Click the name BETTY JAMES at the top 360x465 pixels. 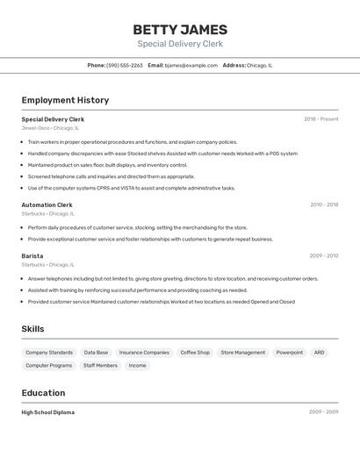(180, 30)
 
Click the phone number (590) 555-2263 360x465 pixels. (125, 65)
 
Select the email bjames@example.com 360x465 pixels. (191, 65)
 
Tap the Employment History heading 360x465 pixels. (65, 100)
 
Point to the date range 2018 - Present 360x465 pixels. (320, 119)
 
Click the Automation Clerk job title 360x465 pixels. (47, 204)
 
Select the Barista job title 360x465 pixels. (32, 256)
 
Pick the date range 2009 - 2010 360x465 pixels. (323, 256)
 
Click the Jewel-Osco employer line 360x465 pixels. (50, 128)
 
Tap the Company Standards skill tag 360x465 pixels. (49, 353)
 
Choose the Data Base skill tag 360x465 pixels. (96, 353)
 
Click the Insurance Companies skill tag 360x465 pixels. (144, 353)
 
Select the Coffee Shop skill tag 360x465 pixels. (195, 353)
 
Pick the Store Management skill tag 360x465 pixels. (242, 353)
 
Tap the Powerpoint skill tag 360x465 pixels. (290, 353)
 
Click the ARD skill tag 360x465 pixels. (319, 353)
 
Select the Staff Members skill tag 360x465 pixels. (100, 366)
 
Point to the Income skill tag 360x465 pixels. (138, 366)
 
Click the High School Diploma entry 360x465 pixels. (48, 412)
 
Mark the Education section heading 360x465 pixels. (44, 393)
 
